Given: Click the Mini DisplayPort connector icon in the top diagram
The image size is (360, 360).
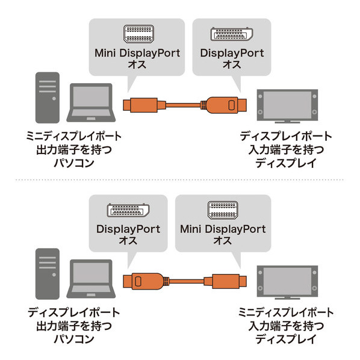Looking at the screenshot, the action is coord(139,34).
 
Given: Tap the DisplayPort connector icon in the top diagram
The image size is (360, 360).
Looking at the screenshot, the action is coord(232,34).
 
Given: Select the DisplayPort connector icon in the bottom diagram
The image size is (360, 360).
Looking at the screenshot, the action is coord(128,210).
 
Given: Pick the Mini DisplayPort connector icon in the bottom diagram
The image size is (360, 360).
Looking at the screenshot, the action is coord(223,210).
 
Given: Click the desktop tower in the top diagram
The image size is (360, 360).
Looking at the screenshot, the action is coord(48,98).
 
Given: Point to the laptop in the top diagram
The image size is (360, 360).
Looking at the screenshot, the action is coord(91,102).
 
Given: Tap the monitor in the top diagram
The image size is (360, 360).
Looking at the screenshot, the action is coord(287,106).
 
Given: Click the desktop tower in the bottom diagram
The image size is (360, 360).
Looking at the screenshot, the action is coord(48,274).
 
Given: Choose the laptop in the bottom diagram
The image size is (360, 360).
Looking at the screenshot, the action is coord(91,279).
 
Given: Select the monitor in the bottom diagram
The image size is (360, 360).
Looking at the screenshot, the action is coord(287,282).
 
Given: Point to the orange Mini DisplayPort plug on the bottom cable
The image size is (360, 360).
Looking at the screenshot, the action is coord(225,281).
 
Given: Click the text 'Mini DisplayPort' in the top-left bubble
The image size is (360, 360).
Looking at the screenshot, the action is coord(137,53).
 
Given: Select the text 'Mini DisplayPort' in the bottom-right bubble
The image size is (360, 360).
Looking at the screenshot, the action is coord(223,229).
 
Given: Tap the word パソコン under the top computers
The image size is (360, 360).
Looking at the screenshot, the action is coord(74,163).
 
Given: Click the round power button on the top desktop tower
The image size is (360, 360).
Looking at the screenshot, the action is coord(54,99).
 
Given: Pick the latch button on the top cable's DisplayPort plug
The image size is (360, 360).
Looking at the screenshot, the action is coord(231,105).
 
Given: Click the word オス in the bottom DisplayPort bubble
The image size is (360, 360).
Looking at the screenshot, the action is coord(128,240).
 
